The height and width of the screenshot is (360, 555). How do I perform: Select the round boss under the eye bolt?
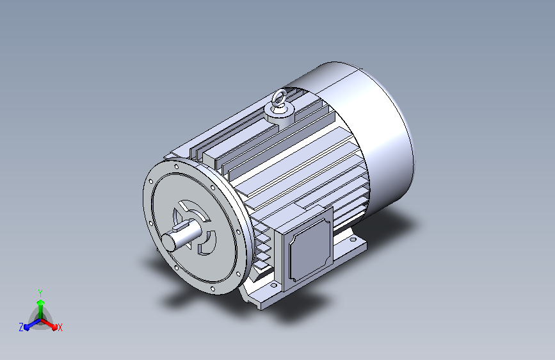pyautogui.click(x=280, y=114)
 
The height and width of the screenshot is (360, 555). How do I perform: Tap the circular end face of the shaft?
pyautogui.click(x=168, y=242)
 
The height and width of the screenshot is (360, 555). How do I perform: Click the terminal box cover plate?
pyautogui.click(x=310, y=249)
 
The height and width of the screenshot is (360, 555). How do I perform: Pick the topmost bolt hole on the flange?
pyautogui.click(x=177, y=167)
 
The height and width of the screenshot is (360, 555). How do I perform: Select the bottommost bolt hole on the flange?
pyautogui.click(x=213, y=289)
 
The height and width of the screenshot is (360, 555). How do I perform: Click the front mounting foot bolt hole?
pyautogui.click(x=273, y=285)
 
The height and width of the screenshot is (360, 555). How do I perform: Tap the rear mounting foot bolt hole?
pyautogui.click(x=353, y=240)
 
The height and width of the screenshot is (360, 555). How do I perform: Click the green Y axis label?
pyautogui.click(x=40, y=293)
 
